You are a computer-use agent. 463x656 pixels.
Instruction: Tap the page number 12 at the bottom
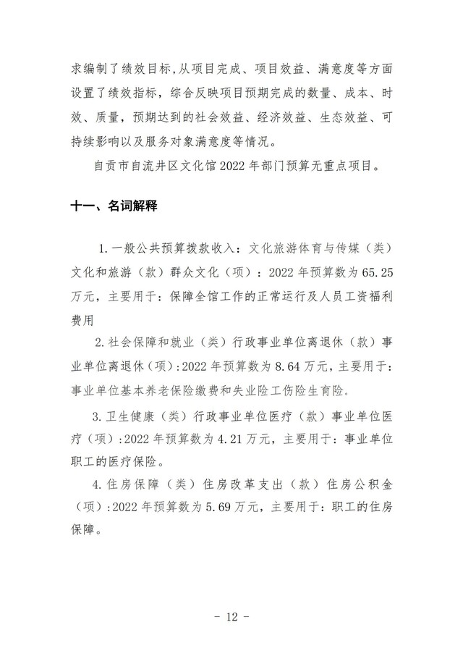[231, 617]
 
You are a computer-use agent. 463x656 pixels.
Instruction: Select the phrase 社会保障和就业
[150, 343]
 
